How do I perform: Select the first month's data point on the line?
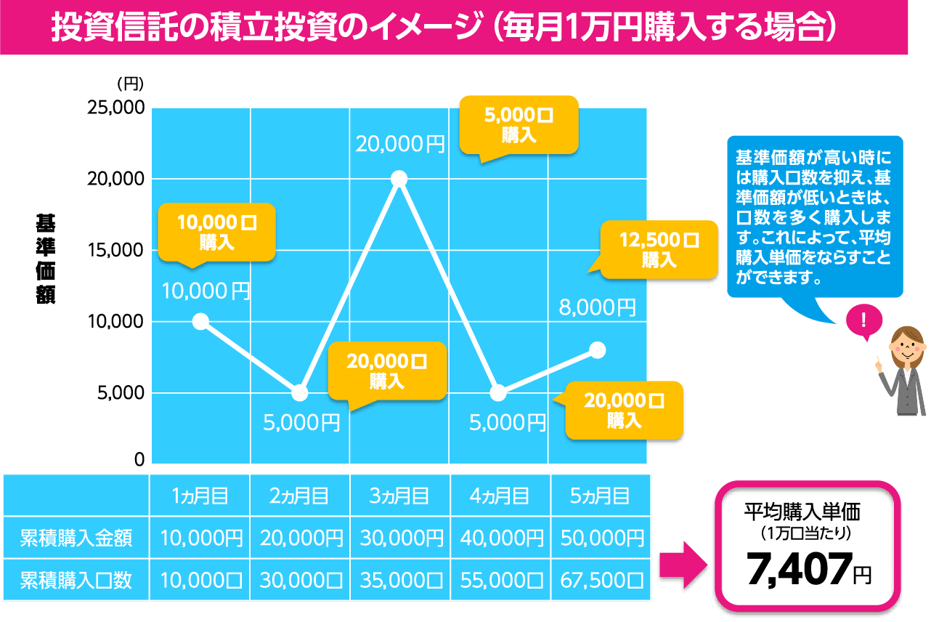(x=201, y=321)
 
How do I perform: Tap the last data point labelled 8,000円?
(x=597, y=350)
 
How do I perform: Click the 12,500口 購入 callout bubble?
(x=659, y=249)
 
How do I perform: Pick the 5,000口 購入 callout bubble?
(x=519, y=125)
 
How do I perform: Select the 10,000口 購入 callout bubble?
(x=216, y=232)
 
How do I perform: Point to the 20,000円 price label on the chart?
(x=400, y=144)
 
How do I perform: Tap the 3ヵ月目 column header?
(x=399, y=496)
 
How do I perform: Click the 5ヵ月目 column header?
(x=600, y=496)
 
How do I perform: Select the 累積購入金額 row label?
(x=76, y=538)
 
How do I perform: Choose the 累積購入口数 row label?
(x=76, y=580)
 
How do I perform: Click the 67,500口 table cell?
(x=601, y=580)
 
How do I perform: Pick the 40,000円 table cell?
(x=501, y=538)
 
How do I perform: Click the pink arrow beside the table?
(x=683, y=564)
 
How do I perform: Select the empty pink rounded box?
(x=808, y=545)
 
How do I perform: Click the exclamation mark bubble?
(x=863, y=320)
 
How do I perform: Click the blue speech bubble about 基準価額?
(x=814, y=217)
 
